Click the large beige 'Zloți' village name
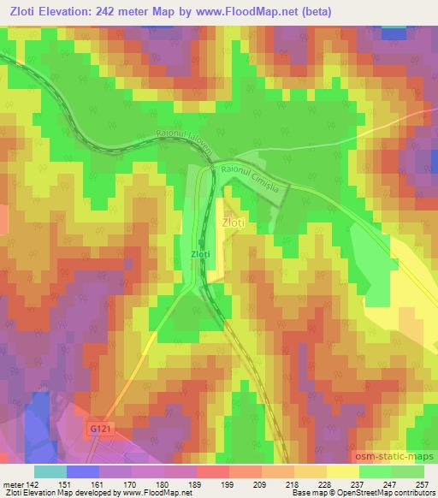(x=234, y=224)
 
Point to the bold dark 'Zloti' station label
(x=201, y=254)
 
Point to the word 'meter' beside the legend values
(x=14, y=483)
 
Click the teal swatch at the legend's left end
(x=50, y=471)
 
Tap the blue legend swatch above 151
(x=83, y=471)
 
